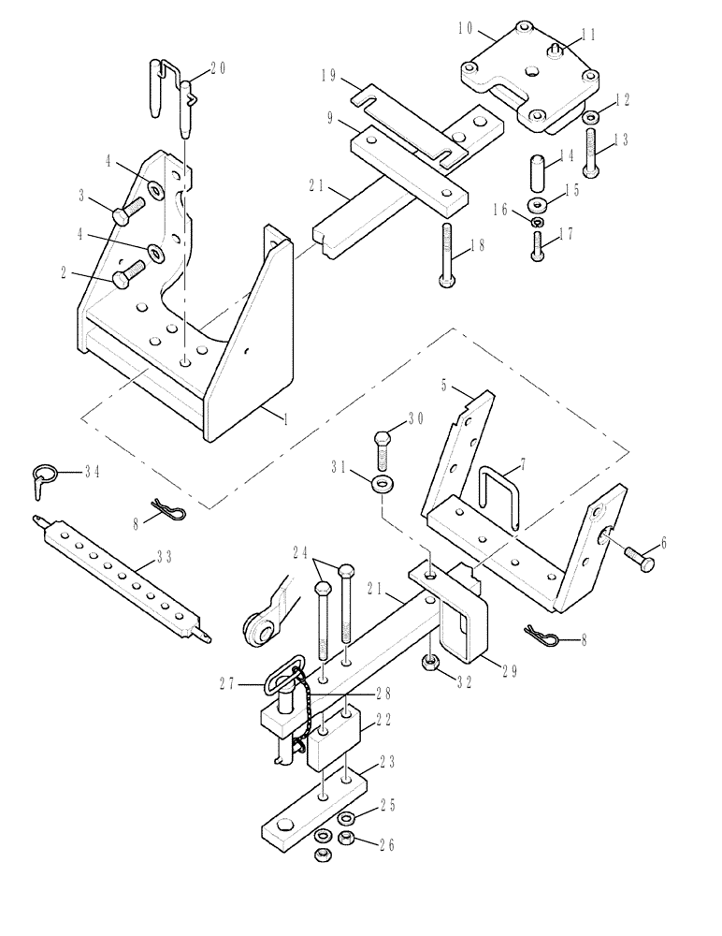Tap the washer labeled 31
pos(383,484)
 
